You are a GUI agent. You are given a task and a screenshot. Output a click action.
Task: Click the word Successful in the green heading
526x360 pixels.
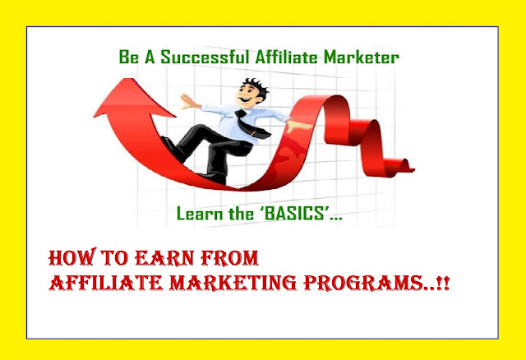pos(205,57)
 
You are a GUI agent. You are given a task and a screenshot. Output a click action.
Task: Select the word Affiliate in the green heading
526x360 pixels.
pos(286,57)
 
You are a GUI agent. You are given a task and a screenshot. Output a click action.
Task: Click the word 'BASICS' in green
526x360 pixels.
pos(294,214)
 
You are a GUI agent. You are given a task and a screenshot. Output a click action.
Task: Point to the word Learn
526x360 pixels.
pos(200,214)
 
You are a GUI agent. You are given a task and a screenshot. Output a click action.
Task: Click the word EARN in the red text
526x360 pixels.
pos(164,258)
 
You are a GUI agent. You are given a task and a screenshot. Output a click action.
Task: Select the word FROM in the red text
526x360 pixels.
pos(230,258)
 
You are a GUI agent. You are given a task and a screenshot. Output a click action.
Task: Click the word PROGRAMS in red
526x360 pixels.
pos(362,284)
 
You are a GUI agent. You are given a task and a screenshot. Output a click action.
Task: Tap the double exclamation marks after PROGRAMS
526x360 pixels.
pos(444,284)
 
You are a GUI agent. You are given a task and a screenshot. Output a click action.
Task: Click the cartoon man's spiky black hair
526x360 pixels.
pos(256,86)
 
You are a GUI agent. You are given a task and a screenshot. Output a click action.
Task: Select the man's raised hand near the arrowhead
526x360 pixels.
pos(188,101)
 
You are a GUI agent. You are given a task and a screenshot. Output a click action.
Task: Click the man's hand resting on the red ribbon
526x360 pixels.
pos(298,126)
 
